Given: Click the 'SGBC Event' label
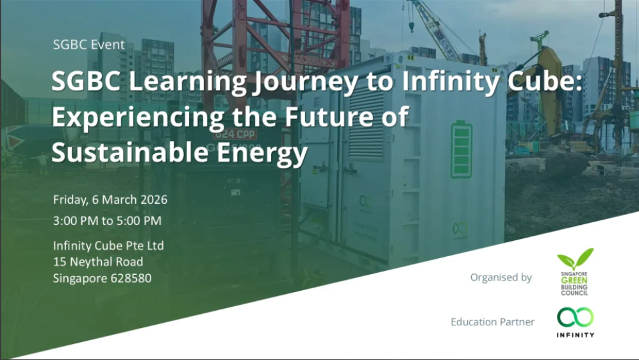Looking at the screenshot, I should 89,45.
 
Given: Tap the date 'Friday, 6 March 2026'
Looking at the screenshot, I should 110,199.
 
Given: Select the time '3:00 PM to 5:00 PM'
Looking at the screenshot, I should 107,221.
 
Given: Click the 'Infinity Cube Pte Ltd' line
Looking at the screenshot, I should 109,245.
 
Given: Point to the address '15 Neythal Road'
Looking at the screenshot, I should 98,262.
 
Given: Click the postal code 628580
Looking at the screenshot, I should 131,279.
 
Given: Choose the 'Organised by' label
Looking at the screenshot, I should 501,277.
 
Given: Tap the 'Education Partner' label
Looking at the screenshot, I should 492,322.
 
